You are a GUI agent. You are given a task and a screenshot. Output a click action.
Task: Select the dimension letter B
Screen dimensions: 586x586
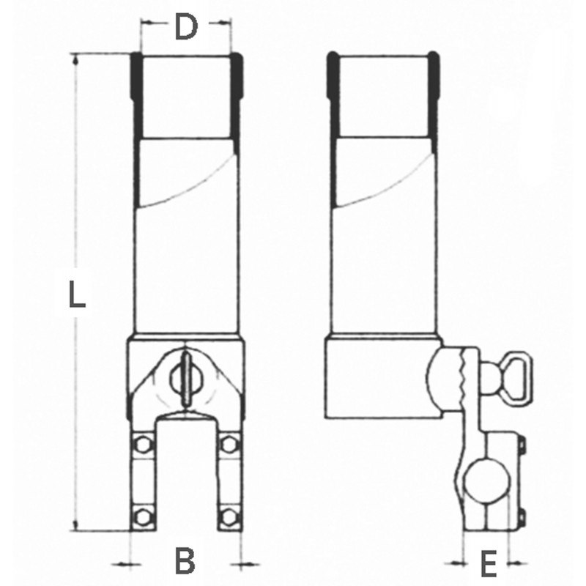[186, 562]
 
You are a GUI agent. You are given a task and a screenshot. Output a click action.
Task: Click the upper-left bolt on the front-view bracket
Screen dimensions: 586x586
[143, 444]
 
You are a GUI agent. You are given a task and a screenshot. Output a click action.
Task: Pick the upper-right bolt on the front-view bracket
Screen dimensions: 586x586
[229, 444]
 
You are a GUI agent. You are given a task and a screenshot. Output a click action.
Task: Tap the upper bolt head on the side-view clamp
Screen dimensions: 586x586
[521, 444]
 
